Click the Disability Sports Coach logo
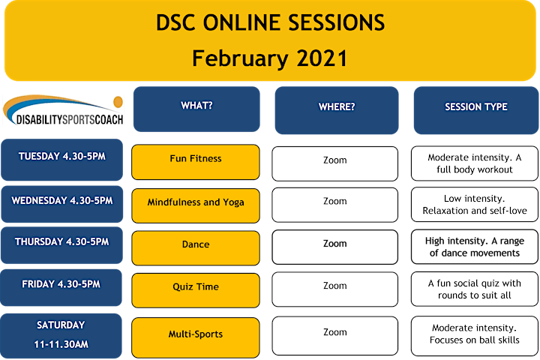(63, 110)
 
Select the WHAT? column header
(196, 109)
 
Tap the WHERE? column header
(337, 110)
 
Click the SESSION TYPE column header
(476, 110)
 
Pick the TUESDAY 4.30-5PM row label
(62, 160)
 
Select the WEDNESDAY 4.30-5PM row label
(62, 204)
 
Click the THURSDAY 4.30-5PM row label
(61, 245)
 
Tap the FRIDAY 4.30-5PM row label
(61, 288)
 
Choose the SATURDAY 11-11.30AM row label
(61, 335)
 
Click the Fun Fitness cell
(196, 162)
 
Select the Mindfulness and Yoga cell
(196, 205)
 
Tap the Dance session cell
(196, 248)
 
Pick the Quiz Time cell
(196, 290)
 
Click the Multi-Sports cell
(196, 337)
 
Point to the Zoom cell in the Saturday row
(334, 335)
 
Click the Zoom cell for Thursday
(334, 247)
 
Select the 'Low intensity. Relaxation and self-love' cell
(475, 204)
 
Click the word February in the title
(240, 58)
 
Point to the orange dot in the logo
(118, 102)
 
